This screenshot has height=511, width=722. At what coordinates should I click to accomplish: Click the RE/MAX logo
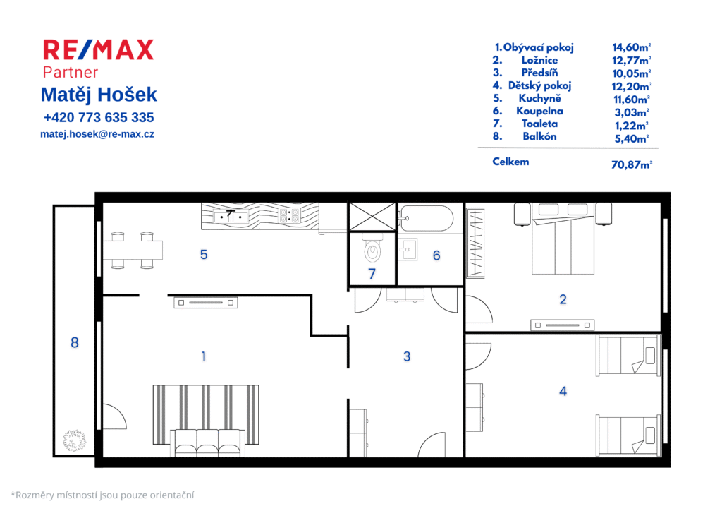pyautogui.click(x=98, y=50)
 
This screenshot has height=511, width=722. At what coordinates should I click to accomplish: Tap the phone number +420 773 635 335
pyautogui.click(x=99, y=117)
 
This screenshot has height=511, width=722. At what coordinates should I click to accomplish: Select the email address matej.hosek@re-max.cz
pyautogui.click(x=97, y=134)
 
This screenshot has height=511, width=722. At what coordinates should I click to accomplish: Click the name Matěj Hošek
pyautogui.click(x=99, y=95)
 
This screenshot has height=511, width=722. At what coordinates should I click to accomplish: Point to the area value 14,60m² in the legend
pyautogui.click(x=631, y=47)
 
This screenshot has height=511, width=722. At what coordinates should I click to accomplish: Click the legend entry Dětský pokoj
pyautogui.click(x=539, y=85)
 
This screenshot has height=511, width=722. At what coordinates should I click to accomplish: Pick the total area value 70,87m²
pyautogui.click(x=631, y=164)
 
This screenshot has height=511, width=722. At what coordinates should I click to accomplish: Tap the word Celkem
pyautogui.click(x=510, y=162)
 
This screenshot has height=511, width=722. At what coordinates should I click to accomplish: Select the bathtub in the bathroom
pyautogui.click(x=426, y=218)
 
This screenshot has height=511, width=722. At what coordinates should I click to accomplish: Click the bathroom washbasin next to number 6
pyautogui.click(x=408, y=249)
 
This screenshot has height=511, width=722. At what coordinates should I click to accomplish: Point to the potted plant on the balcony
pyautogui.click(x=75, y=440)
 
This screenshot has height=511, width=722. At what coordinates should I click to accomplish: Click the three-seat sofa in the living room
pyautogui.click(x=208, y=443)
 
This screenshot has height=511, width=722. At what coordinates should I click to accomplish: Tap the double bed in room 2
pyautogui.click(x=563, y=239)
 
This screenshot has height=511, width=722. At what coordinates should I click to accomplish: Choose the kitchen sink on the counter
pyautogui.click(x=231, y=216)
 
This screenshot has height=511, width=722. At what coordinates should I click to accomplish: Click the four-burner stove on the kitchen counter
pyautogui.click(x=290, y=215)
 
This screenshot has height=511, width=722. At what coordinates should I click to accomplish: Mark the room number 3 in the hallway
pyautogui.click(x=407, y=356)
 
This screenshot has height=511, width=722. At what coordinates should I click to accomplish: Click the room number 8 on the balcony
pyautogui.click(x=75, y=342)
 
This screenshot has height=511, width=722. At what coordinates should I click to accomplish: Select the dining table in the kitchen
pyautogui.click(x=133, y=250)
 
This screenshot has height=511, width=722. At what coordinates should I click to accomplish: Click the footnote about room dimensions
pyautogui.click(x=102, y=495)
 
